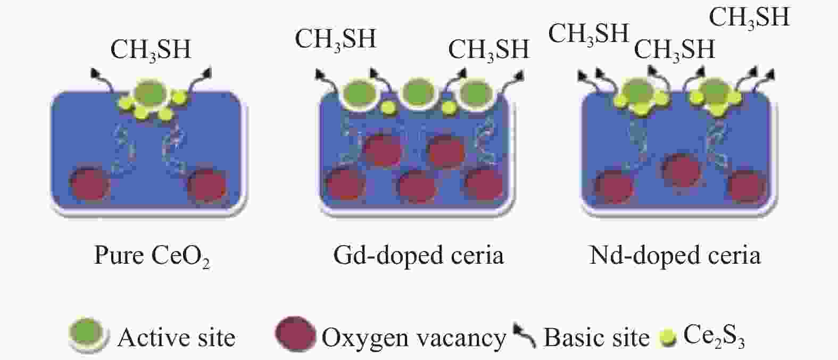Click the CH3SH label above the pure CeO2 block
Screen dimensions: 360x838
tap(151, 50)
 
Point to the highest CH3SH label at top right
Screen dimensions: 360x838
tap(749, 18)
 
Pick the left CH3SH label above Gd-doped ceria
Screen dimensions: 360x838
tap(336, 39)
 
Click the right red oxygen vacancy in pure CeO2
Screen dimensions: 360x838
tap(209, 185)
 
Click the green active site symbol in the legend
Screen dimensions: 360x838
tap(88, 336)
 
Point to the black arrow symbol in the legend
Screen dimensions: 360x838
tap(525, 336)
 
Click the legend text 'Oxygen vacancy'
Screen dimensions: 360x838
tap(413, 338)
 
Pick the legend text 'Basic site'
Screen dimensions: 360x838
tap(596, 338)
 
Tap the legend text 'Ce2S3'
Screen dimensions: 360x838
tap(713, 337)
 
